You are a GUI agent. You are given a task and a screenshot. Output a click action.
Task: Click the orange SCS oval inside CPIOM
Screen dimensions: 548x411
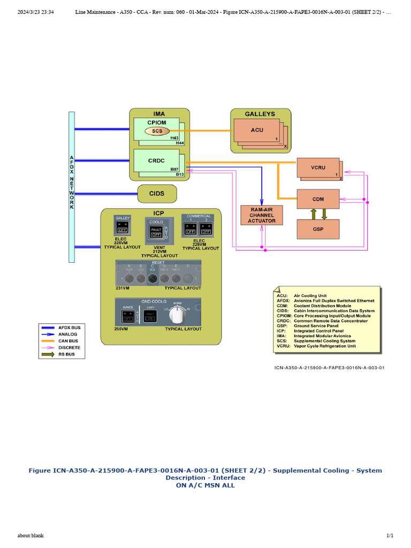[157, 131]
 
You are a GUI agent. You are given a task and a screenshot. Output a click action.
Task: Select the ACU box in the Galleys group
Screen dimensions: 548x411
[257, 130]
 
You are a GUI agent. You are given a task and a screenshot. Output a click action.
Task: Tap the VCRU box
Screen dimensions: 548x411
[318, 168]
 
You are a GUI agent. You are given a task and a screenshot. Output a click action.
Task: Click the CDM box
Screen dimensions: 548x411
[318, 199]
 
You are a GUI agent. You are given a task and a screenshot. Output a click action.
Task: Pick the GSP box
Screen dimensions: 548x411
[318, 229]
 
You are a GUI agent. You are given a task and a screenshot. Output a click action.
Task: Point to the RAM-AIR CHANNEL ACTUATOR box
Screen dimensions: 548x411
[262, 216]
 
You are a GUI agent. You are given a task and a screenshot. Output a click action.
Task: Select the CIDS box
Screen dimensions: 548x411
[157, 193]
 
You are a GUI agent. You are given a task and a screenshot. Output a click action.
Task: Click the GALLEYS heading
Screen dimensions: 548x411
[260, 114]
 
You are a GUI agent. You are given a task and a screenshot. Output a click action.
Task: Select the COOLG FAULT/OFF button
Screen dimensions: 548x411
[156, 232]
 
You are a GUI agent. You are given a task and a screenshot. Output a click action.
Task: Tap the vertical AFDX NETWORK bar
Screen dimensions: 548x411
[72, 187]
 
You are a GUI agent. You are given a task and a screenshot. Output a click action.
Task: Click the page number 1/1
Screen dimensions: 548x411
[390, 536]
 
